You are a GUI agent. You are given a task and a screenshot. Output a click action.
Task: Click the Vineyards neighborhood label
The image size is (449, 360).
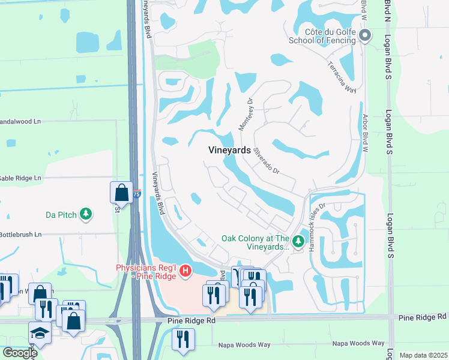(x=229, y=151)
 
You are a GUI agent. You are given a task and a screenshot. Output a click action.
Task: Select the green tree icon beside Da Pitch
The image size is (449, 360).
(x=86, y=214)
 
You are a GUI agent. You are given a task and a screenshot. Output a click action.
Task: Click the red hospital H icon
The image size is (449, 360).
(x=185, y=272)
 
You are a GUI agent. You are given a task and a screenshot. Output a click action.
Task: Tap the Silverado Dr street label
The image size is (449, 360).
(x=267, y=161)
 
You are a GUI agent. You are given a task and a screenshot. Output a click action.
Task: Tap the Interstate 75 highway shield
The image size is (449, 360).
(x=137, y=194)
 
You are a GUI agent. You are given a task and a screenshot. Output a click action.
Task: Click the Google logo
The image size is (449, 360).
(x=20, y=353)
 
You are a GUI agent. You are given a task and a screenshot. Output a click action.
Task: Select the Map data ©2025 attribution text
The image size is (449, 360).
(x=423, y=355)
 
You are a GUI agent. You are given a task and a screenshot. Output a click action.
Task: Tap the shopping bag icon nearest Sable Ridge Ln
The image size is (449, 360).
(x=121, y=193)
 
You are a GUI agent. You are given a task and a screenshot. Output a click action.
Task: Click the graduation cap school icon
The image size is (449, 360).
(x=40, y=332)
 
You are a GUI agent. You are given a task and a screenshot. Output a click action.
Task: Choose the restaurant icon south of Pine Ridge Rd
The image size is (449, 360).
(x=183, y=339)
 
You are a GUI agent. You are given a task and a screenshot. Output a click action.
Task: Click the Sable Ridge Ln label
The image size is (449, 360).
(x=20, y=178)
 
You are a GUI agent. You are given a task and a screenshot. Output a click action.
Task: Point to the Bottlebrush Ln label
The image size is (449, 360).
(x=20, y=234)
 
